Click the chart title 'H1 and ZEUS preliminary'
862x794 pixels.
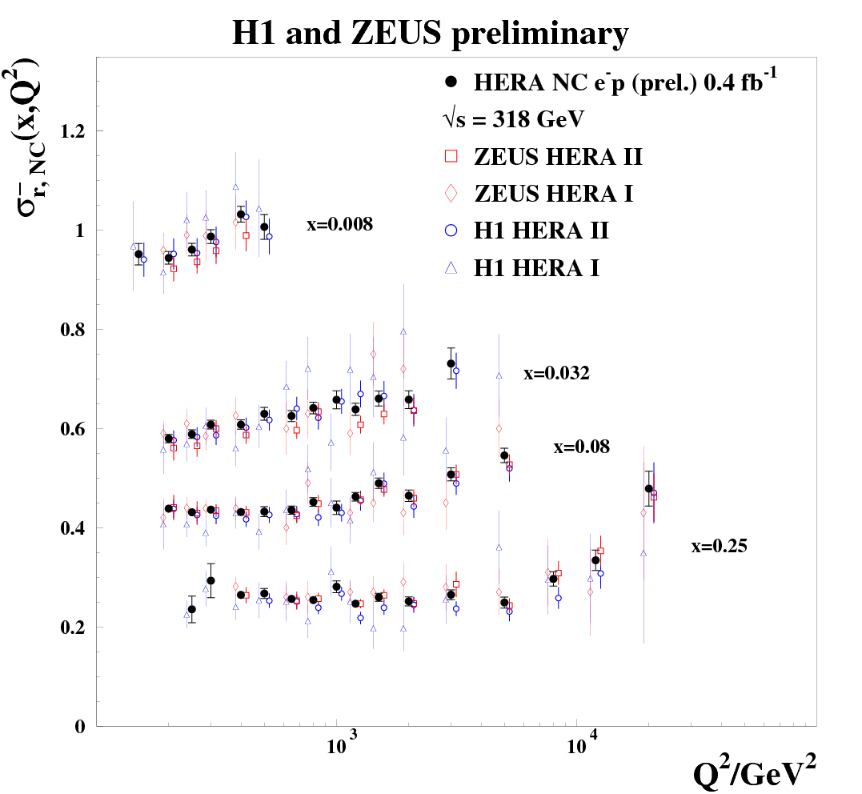tap(430, 34)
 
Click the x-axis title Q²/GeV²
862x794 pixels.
tap(755, 772)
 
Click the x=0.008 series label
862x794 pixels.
tap(339, 225)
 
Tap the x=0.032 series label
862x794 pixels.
tap(556, 373)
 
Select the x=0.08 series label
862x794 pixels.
tap(581, 447)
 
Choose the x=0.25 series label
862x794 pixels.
tap(719, 547)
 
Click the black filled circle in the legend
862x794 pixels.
tap(451, 82)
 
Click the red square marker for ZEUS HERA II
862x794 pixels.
tap(451, 156)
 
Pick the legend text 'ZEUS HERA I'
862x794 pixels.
tap(554, 193)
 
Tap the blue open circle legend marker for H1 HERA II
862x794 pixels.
tap(451, 230)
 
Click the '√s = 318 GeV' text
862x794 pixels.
tap(504, 118)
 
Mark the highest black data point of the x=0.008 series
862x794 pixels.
tap(240, 214)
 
